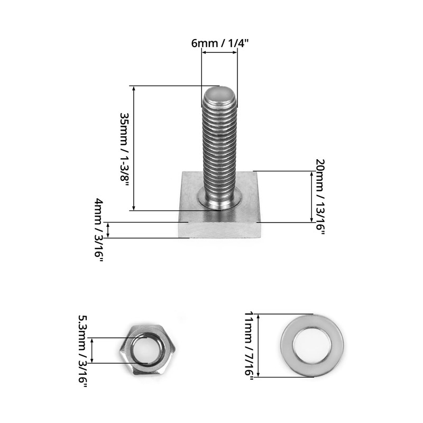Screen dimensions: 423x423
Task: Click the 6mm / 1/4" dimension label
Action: tap(219, 43)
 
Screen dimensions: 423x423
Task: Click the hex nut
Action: tap(147, 350)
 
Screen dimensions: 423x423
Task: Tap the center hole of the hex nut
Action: tap(147, 350)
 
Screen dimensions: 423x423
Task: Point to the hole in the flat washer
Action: tap(312, 346)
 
